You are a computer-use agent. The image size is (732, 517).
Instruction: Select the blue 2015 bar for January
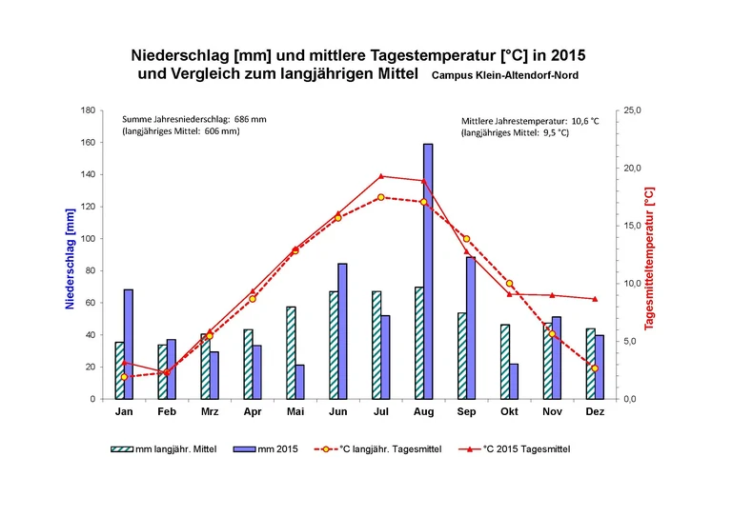129,344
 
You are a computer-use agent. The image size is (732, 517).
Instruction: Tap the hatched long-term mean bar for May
291,352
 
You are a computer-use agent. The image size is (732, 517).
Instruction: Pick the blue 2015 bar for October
514,381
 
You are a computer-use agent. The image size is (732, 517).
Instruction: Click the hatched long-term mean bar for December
590,364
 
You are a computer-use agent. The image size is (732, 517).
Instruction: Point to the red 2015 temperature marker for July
381,176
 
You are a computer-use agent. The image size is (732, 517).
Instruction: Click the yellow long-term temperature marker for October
510,284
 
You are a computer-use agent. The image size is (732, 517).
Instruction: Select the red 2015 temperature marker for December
595,299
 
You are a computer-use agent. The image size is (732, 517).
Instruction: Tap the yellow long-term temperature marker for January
124,377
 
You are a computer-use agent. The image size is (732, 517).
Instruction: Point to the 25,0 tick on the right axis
633,110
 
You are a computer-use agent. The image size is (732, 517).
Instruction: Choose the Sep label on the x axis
466,411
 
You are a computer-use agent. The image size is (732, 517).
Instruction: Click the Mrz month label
210,411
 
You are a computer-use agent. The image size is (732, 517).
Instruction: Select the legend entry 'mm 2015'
272,447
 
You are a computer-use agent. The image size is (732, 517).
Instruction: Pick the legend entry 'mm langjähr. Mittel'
173,447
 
